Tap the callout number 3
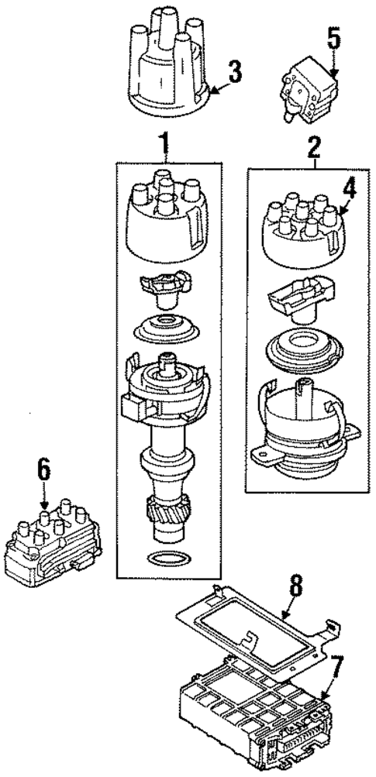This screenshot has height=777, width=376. click(234, 74)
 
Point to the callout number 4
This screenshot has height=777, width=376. click(350, 187)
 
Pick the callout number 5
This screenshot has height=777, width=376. click(333, 37)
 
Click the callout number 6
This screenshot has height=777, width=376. click(43, 469)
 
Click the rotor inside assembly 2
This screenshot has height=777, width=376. click(295, 306)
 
